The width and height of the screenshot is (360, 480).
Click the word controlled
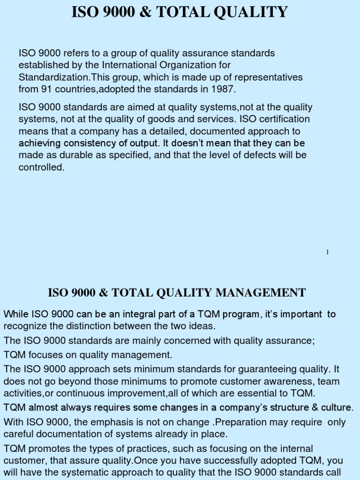[x=41, y=167]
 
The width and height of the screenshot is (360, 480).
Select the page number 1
[x=327, y=253]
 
